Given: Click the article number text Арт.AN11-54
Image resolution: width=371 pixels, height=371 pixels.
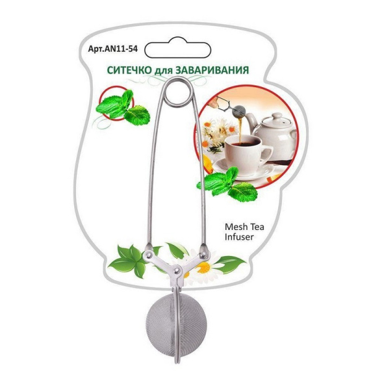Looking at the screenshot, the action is tap(113, 49).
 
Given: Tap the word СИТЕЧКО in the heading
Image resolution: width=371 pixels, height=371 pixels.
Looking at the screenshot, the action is tap(129, 70).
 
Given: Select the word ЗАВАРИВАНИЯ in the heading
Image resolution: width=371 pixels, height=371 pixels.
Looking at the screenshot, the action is tap(212, 70).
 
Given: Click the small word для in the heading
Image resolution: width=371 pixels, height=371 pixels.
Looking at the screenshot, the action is tap(164, 71).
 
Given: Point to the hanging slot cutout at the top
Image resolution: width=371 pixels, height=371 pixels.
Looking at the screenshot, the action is tap(177, 48).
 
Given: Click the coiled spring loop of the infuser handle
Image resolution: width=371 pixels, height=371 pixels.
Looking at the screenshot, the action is tap(178, 92).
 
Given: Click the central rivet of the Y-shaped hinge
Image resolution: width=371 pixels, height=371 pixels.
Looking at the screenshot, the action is tap(176, 270).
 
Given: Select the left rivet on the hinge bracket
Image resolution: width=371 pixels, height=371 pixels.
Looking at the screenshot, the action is tap(149, 255).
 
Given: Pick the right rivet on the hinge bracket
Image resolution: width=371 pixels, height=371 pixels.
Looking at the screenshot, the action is tap(203, 255).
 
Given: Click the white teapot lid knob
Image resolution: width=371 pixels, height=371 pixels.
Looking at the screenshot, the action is tap(276, 116).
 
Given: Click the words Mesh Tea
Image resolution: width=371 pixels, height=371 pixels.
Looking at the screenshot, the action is tap(244, 227).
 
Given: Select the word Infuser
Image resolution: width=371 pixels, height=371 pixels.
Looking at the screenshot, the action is tap(239, 237).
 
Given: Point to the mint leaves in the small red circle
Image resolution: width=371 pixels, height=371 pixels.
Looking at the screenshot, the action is tap(122, 108).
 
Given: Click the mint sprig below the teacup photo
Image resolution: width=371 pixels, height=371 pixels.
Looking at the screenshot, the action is tap(227, 184).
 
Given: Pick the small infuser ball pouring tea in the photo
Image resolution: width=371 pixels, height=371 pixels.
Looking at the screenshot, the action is tap(239, 111).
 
